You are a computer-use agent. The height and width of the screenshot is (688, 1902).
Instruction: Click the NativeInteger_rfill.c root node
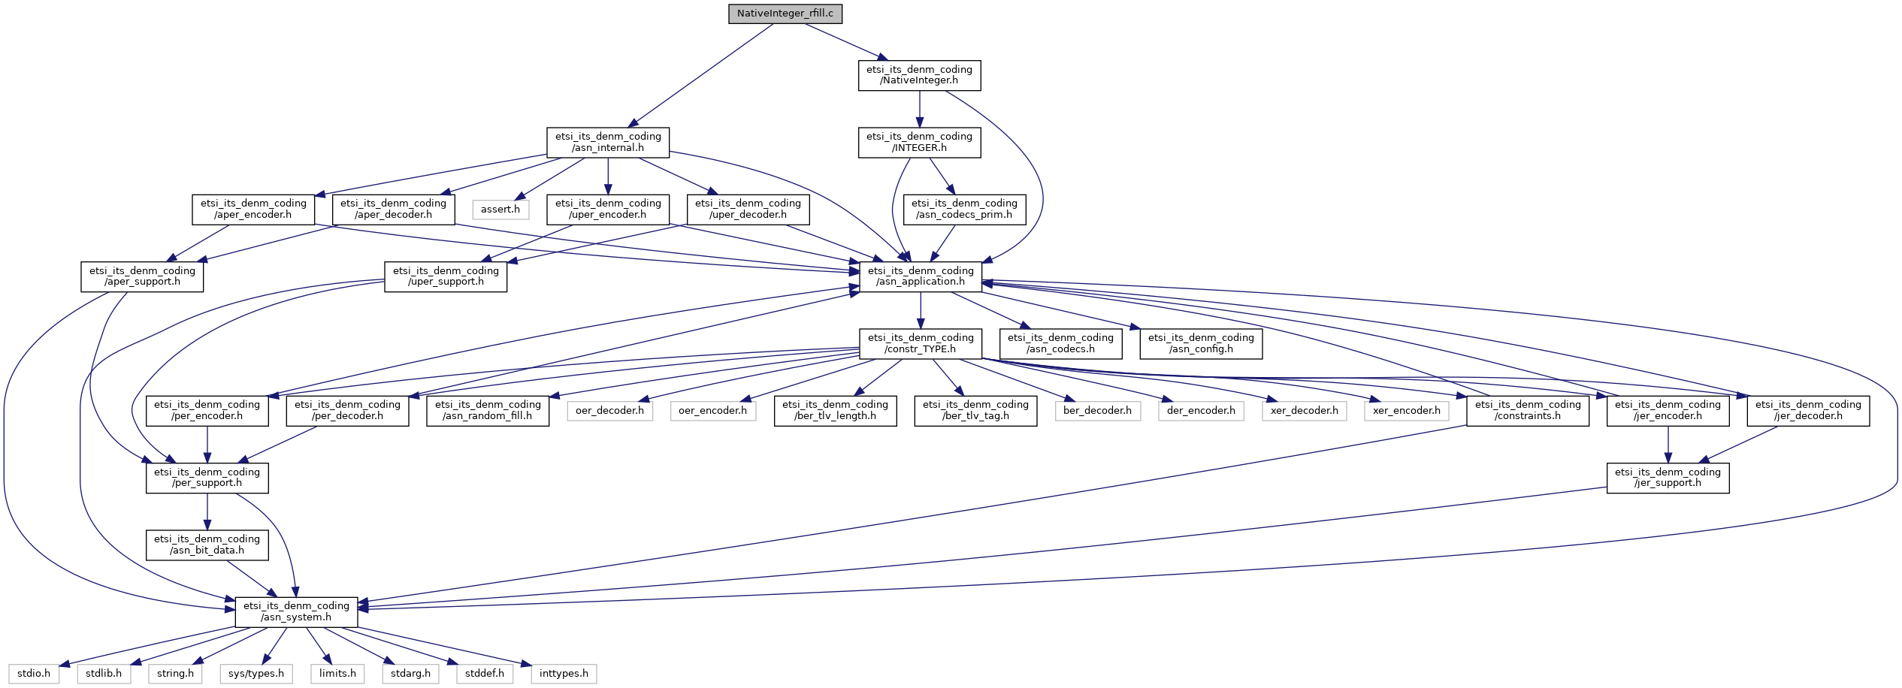785,14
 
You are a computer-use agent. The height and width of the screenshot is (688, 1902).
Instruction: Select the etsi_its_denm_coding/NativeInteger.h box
919,75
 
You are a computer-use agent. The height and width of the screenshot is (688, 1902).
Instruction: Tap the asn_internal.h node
607,142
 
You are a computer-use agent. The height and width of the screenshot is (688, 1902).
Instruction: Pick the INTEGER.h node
919,142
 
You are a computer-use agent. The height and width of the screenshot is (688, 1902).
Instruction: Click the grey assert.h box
500,210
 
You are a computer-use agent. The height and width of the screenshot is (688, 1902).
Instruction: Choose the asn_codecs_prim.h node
964,209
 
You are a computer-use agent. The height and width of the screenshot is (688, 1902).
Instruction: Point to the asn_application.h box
920,276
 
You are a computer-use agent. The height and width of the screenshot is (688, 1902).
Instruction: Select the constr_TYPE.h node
920,343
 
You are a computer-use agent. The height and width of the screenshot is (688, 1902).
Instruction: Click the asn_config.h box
1200,343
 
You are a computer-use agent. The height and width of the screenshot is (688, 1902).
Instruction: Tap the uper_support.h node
445,276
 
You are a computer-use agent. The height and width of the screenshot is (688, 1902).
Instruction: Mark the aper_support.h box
142,276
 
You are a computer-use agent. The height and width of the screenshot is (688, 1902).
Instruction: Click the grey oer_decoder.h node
609,411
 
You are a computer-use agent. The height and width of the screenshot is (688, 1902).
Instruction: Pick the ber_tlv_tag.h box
975,410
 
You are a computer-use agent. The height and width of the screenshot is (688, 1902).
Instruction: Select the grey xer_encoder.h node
1406,411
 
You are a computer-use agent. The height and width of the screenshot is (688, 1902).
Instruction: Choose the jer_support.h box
1667,478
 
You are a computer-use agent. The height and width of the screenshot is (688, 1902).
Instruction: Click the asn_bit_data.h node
207,545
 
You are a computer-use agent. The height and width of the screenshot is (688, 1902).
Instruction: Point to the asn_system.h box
296,611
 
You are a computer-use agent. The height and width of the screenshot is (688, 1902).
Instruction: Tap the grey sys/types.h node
256,674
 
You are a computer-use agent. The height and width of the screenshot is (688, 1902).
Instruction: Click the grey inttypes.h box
564,674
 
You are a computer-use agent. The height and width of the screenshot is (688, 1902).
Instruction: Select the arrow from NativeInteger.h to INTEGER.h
919,109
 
